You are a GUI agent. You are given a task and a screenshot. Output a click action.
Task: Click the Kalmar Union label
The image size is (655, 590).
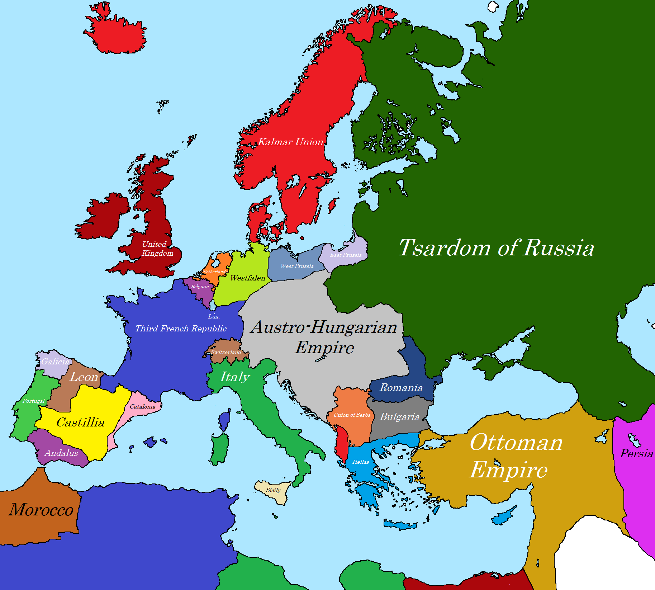290,142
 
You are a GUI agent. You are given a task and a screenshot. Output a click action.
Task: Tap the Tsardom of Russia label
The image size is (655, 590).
496,248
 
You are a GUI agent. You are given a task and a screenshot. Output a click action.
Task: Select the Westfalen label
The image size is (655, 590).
248,278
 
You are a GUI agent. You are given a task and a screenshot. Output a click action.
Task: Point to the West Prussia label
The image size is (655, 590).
297,266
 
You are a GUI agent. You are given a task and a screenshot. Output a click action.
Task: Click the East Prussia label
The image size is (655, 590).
346,255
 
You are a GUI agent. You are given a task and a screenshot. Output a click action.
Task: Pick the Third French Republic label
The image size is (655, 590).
181,329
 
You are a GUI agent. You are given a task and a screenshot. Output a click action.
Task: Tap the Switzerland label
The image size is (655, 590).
226,352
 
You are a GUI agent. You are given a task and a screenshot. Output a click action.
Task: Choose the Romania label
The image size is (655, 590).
401,387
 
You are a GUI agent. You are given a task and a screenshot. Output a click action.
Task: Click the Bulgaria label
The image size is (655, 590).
399,417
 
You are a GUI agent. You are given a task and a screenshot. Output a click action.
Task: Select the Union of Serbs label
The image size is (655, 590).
352,415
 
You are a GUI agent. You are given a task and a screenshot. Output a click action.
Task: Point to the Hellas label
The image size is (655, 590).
361,462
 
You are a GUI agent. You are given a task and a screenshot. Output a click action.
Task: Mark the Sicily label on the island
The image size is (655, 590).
273,490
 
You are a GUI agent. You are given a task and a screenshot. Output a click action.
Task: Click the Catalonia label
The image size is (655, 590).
142,407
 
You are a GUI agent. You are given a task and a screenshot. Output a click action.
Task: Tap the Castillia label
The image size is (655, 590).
80,423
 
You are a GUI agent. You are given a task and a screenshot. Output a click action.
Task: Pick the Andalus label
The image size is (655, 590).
61,453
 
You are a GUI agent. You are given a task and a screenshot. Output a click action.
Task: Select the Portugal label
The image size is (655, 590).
33,401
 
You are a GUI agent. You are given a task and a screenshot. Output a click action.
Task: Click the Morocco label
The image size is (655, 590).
41,510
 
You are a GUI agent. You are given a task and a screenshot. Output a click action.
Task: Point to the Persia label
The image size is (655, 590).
636,454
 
